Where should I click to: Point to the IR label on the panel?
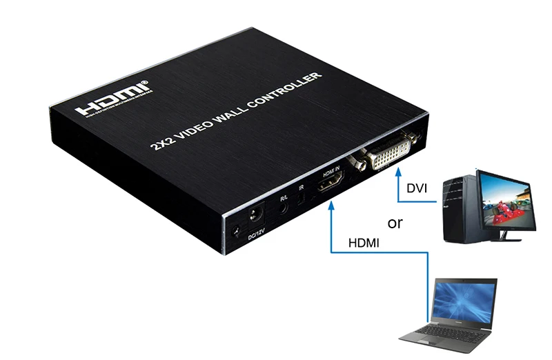pyautogui.click(x=301, y=188)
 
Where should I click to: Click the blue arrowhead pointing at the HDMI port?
pyautogui.click(x=332, y=204)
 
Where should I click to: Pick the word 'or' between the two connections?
pyautogui.click(x=395, y=223)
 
